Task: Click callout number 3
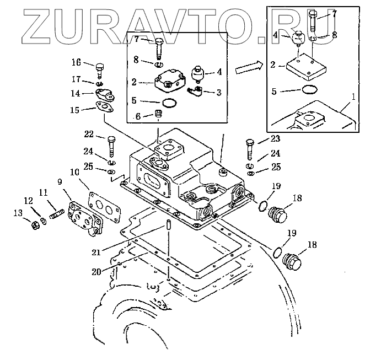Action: coord(219,92)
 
